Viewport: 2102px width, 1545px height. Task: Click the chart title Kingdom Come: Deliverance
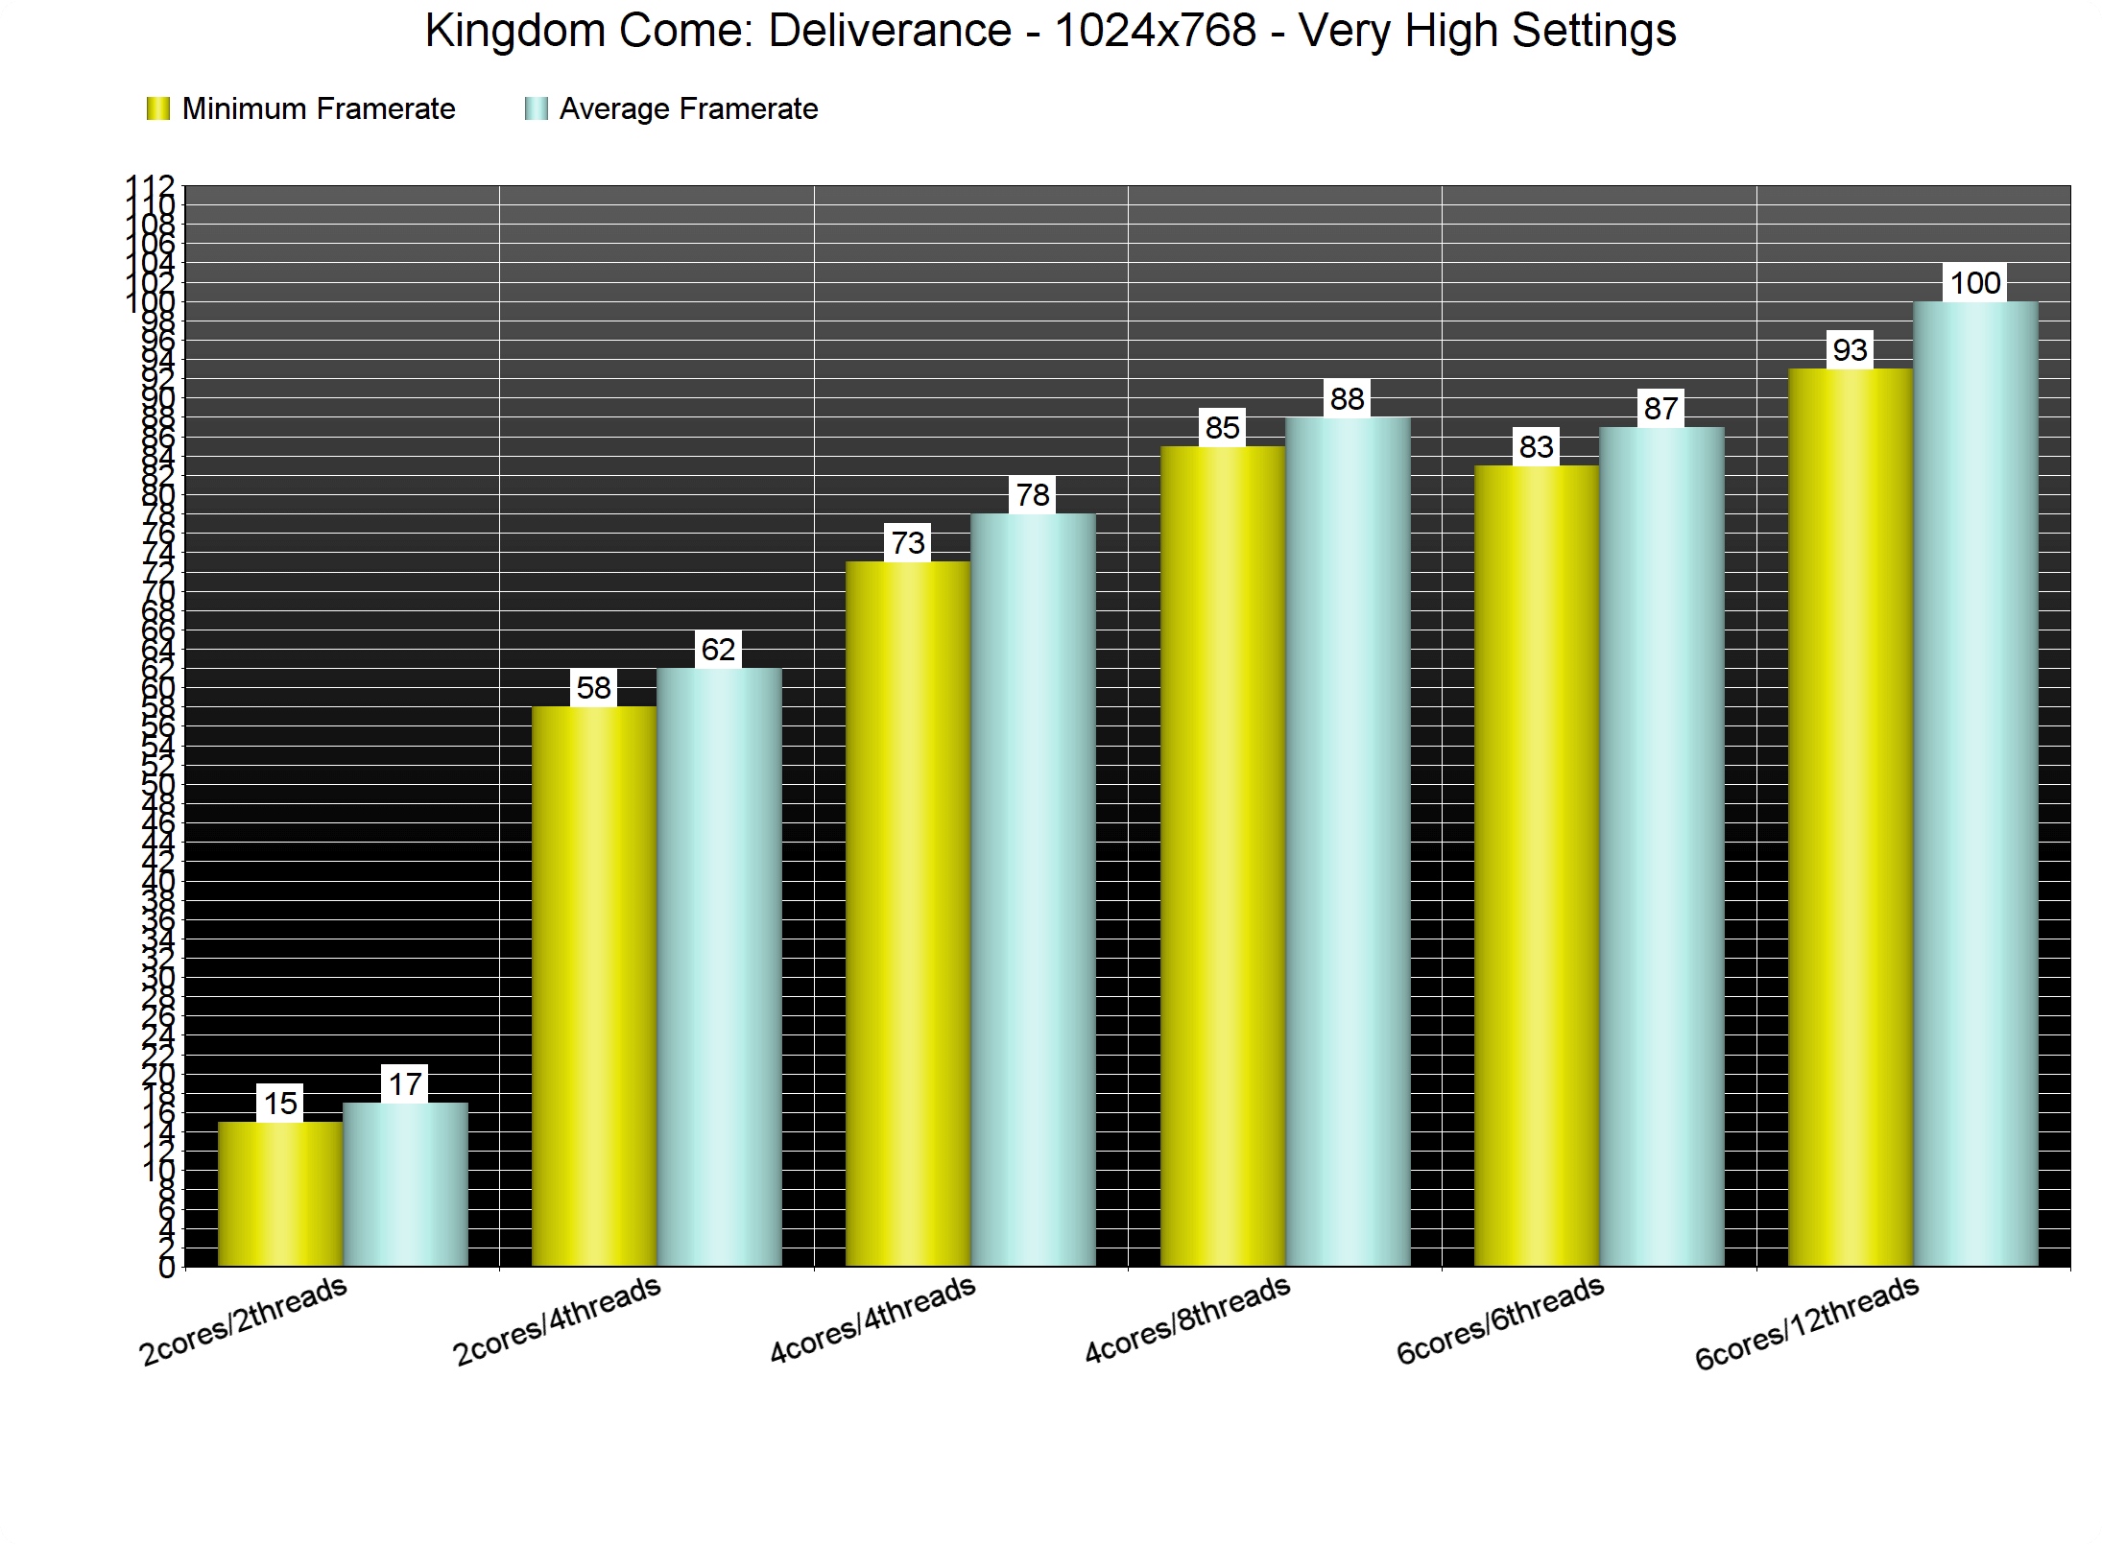click(1050, 31)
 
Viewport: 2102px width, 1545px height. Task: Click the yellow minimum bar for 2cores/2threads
click(280, 1194)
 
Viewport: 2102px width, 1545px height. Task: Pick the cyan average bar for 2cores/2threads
click(405, 1184)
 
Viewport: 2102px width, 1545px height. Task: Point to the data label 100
click(1975, 283)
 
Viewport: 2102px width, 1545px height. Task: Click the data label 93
click(1850, 350)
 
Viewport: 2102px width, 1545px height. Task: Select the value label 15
click(280, 1104)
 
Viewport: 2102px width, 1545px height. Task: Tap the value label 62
click(718, 650)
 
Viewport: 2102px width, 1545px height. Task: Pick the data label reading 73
click(908, 543)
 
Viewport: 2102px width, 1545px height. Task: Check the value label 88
click(1347, 398)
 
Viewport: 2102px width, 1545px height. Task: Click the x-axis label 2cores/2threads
click(244, 1320)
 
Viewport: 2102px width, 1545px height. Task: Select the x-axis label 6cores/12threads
click(1806, 1321)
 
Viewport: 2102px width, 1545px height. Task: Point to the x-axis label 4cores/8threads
click(1187, 1319)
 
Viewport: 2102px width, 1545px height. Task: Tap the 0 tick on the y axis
click(166, 1268)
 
